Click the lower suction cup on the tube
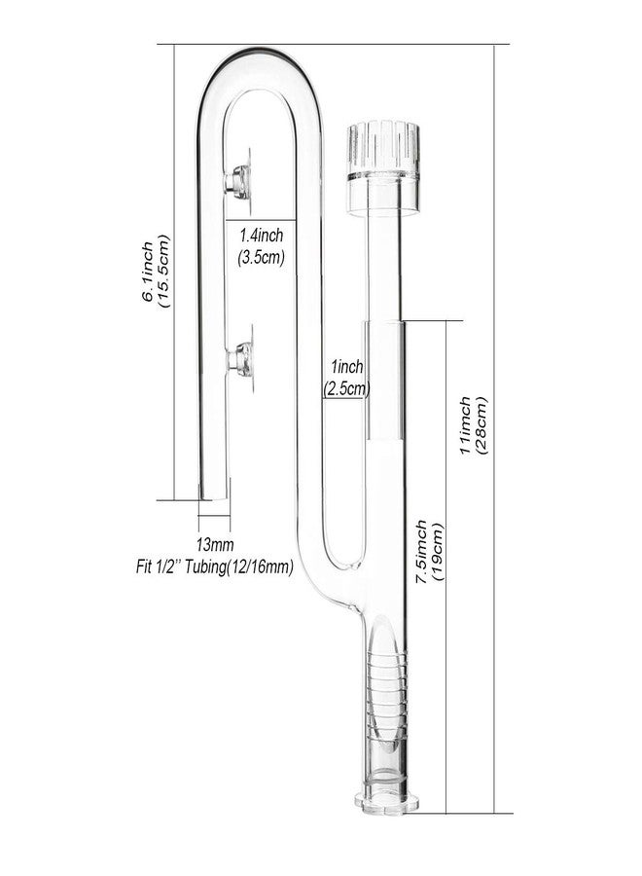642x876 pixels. pos(240,357)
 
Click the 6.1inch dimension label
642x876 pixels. pos(148,273)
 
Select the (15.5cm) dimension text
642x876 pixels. pos(163,273)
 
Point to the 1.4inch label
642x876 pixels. pos(262,235)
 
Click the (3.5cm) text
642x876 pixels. pos(262,258)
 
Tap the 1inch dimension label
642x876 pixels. pos(346,367)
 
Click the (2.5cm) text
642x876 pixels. pos(346,388)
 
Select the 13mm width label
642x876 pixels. pos(214,543)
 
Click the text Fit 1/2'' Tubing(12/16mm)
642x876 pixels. pos(215,567)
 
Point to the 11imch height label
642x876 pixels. pos(465,425)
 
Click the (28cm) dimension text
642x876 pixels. pos(481,425)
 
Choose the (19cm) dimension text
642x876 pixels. pos(439,552)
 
